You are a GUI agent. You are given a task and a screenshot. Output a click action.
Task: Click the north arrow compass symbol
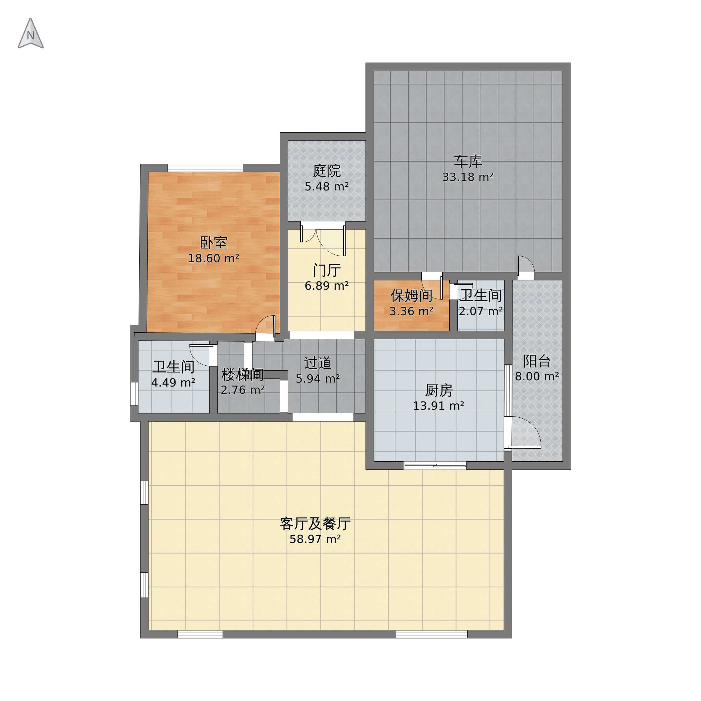(x=31, y=34)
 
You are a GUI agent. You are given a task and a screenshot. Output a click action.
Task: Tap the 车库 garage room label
(x=468, y=161)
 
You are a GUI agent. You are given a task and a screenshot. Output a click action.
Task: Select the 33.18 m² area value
(x=468, y=177)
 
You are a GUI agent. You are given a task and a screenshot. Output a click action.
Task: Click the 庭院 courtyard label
(x=327, y=171)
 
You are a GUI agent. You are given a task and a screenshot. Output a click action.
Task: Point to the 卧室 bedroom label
(x=214, y=243)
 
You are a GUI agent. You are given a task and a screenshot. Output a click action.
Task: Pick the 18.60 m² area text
(x=214, y=258)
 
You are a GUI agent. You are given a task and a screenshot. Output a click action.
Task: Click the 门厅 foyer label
(x=327, y=270)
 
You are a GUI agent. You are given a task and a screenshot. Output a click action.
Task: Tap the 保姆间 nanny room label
(x=411, y=296)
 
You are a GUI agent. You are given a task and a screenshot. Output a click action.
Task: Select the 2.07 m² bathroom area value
(x=481, y=311)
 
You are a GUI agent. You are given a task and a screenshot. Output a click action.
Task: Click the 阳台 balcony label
(x=537, y=361)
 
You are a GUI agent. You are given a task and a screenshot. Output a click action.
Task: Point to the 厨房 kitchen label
(x=439, y=390)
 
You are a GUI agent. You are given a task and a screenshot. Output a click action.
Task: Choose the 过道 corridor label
(x=318, y=363)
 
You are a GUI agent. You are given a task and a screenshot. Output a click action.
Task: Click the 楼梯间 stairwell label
(x=243, y=374)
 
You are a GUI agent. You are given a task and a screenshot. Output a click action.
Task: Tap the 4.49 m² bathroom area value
(x=174, y=383)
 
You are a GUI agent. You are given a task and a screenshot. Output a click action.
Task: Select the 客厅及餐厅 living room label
(x=315, y=523)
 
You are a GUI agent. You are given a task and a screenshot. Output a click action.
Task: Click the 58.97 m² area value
(x=315, y=539)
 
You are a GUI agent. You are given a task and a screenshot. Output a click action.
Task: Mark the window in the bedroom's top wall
(x=205, y=168)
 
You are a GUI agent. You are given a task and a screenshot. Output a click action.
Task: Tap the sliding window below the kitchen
(x=435, y=466)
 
